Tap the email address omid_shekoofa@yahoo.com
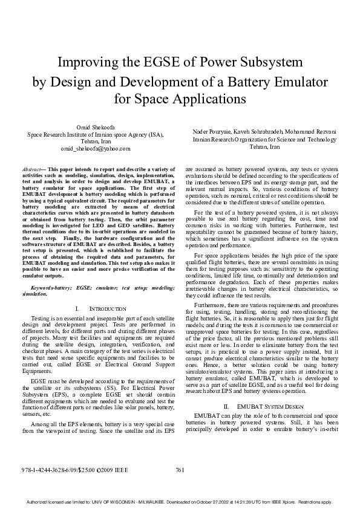[96, 148]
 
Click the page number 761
[180, 469]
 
